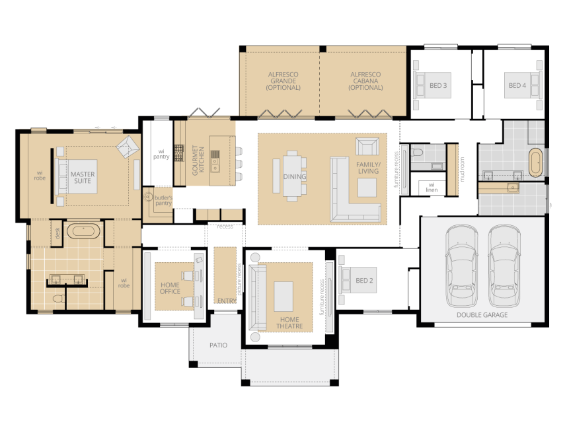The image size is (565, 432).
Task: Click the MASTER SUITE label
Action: click(83, 177)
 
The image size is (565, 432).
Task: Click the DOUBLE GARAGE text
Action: click(482, 315)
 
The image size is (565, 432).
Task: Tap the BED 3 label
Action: click(438, 85)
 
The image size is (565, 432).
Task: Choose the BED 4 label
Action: click(517, 85)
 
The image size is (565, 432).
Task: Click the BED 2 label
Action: click(364, 280)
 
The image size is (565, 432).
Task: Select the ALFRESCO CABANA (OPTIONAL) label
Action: click(365, 81)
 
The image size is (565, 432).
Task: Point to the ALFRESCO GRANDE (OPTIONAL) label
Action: click(283, 81)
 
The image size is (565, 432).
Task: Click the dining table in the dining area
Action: click(292, 176)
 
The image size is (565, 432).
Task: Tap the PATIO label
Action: click(218, 345)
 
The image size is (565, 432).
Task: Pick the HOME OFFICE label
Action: click(170, 288)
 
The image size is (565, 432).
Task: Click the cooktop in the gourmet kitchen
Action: click(179, 153)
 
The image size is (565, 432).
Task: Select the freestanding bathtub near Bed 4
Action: click(536, 162)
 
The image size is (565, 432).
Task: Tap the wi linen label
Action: click(432, 188)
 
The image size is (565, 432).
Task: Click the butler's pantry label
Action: click(163, 200)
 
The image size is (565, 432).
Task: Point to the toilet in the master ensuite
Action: click(58, 299)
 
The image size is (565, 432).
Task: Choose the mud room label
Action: click(463, 169)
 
